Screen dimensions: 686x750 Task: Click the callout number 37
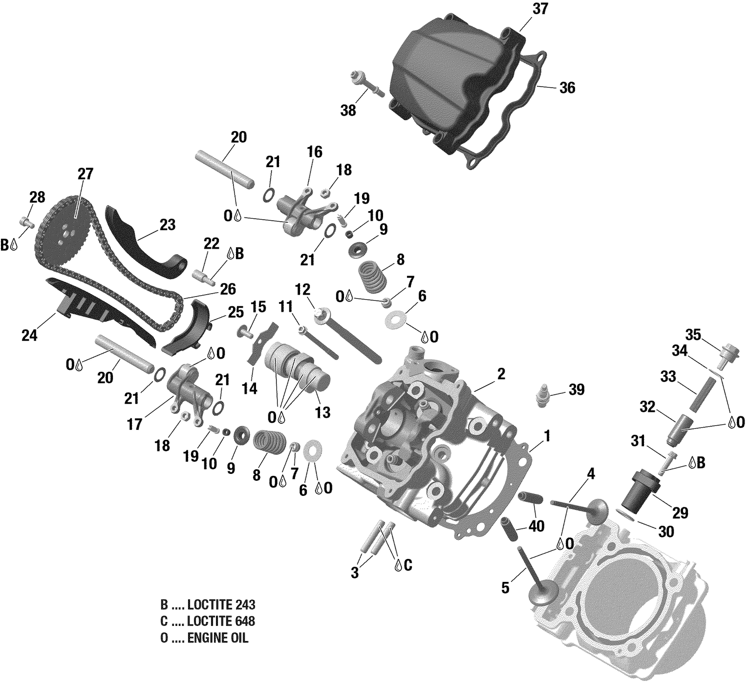click(540, 9)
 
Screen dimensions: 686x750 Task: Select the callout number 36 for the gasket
click(567, 88)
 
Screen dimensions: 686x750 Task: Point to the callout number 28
click(37, 197)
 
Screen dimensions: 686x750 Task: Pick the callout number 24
click(29, 335)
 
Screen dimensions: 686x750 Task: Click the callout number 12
click(302, 290)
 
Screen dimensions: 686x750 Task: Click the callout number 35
click(693, 335)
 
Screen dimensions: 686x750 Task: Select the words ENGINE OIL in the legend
click(217, 638)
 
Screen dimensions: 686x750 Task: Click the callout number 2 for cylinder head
click(501, 374)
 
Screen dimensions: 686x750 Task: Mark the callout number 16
click(314, 152)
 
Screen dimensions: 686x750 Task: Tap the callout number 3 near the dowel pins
click(354, 572)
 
